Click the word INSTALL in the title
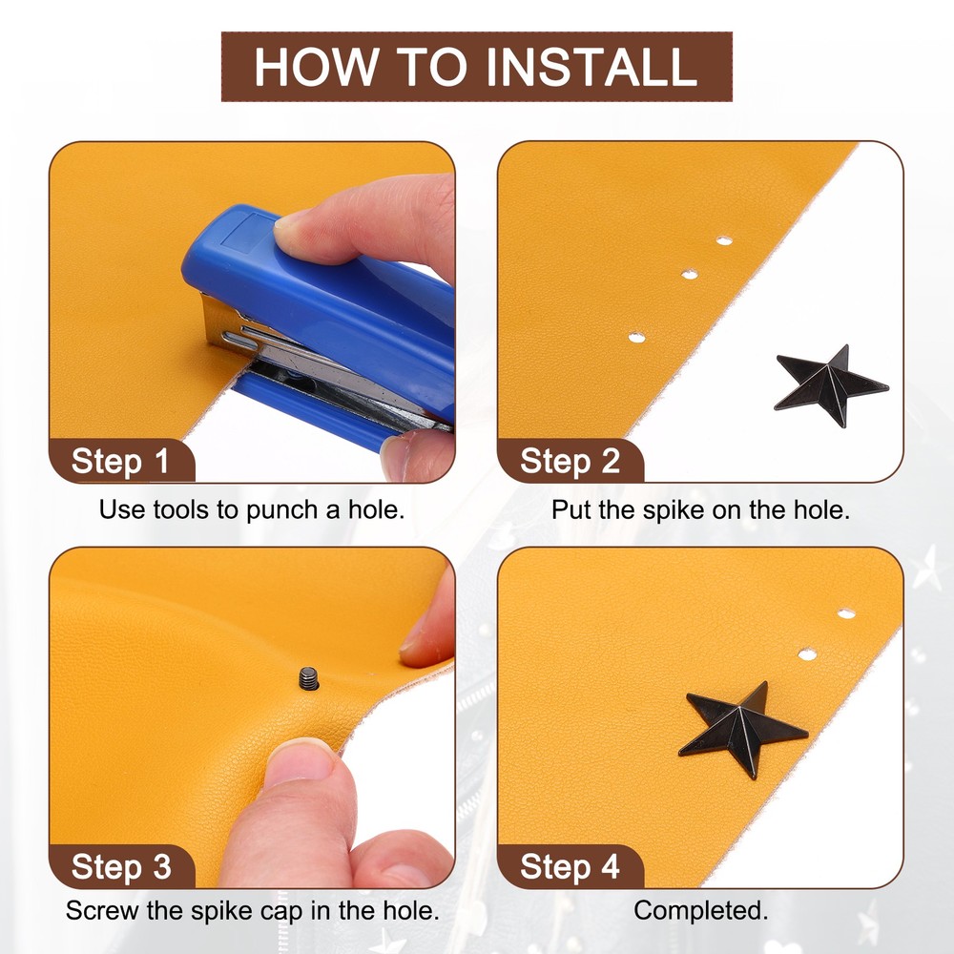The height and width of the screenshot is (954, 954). pyautogui.click(x=591, y=67)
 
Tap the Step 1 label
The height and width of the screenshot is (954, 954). pyautogui.click(x=120, y=461)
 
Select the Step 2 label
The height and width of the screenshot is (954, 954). pyautogui.click(x=570, y=461)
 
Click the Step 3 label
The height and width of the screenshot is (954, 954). pyautogui.click(x=121, y=866)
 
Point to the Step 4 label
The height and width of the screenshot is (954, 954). pyautogui.click(x=570, y=866)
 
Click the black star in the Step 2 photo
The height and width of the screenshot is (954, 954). pyautogui.click(x=831, y=385)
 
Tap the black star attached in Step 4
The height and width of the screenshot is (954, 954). pyautogui.click(x=742, y=728)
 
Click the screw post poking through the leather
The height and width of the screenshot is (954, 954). pyautogui.click(x=309, y=678)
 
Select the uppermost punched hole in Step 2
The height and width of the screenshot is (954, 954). pyautogui.click(x=724, y=241)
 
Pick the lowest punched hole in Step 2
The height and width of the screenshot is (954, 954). pyautogui.click(x=636, y=337)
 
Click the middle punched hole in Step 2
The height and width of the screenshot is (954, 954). pyautogui.click(x=690, y=275)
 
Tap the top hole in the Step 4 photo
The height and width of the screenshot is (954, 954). pyautogui.click(x=846, y=613)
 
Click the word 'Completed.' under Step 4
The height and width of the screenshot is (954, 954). pyautogui.click(x=701, y=911)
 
